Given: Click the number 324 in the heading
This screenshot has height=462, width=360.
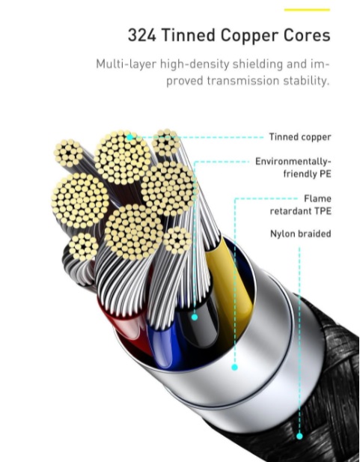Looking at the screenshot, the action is pos(141,35).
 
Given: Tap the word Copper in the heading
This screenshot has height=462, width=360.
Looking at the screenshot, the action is pos(249,36).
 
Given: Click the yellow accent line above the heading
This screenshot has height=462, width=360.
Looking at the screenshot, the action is pos(307,10).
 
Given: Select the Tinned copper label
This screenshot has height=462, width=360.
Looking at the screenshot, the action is pos(300,137).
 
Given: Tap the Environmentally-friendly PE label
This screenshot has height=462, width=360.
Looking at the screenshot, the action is pos(293,168).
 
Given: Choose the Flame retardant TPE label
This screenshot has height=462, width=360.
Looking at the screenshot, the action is pos(300,204).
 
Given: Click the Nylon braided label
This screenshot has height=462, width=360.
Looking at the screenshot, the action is pos(300,234).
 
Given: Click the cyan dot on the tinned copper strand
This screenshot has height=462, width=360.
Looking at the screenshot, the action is pos(129,137).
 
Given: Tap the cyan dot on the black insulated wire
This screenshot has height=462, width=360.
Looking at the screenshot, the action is pos(195,317).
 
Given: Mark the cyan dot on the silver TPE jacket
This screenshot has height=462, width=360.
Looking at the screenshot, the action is pos(234,368).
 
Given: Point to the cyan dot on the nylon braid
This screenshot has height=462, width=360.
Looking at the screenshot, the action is pos(299,437).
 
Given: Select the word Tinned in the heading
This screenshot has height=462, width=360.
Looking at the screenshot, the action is pos(189,35).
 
